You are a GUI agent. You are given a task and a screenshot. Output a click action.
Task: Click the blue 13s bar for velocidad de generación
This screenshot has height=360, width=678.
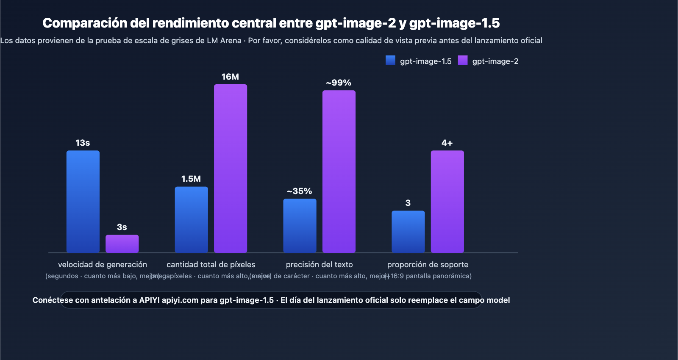(x=83, y=202)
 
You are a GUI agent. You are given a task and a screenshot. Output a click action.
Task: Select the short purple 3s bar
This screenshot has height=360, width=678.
(x=122, y=244)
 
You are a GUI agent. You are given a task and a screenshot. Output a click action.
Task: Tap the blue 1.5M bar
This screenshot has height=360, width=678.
(x=192, y=219)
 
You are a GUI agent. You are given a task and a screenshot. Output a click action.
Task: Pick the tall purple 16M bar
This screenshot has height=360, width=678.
(x=231, y=169)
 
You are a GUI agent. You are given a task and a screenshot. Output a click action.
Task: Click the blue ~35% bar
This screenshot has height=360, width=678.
(x=300, y=226)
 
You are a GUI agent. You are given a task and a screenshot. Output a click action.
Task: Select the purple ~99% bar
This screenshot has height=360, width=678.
(x=339, y=172)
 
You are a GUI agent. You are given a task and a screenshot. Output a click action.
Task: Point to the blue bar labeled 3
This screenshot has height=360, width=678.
(x=408, y=232)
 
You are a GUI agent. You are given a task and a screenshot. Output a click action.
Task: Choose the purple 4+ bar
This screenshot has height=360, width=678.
(x=447, y=202)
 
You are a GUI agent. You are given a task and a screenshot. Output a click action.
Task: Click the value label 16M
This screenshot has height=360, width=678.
(x=230, y=77)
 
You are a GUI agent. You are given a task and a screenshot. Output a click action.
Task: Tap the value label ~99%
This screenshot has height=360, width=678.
(x=339, y=83)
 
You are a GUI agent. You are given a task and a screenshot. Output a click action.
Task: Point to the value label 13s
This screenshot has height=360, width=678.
(x=83, y=143)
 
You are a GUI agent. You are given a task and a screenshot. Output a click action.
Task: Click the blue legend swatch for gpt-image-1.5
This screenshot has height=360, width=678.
(x=390, y=61)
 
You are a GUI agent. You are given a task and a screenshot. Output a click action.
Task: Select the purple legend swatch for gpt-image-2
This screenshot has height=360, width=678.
(x=463, y=61)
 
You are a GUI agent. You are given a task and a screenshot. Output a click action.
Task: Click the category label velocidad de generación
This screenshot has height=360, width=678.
(x=103, y=265)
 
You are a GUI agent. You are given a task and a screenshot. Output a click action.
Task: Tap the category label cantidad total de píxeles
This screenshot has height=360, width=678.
(x=211, y=265)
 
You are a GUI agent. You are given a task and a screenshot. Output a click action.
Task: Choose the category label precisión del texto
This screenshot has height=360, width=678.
(x=320, y=265)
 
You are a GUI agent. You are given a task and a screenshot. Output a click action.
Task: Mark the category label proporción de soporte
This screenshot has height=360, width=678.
(x=428, y=265)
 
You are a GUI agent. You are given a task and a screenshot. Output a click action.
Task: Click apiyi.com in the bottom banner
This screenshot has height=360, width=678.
(x=180, y=300)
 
